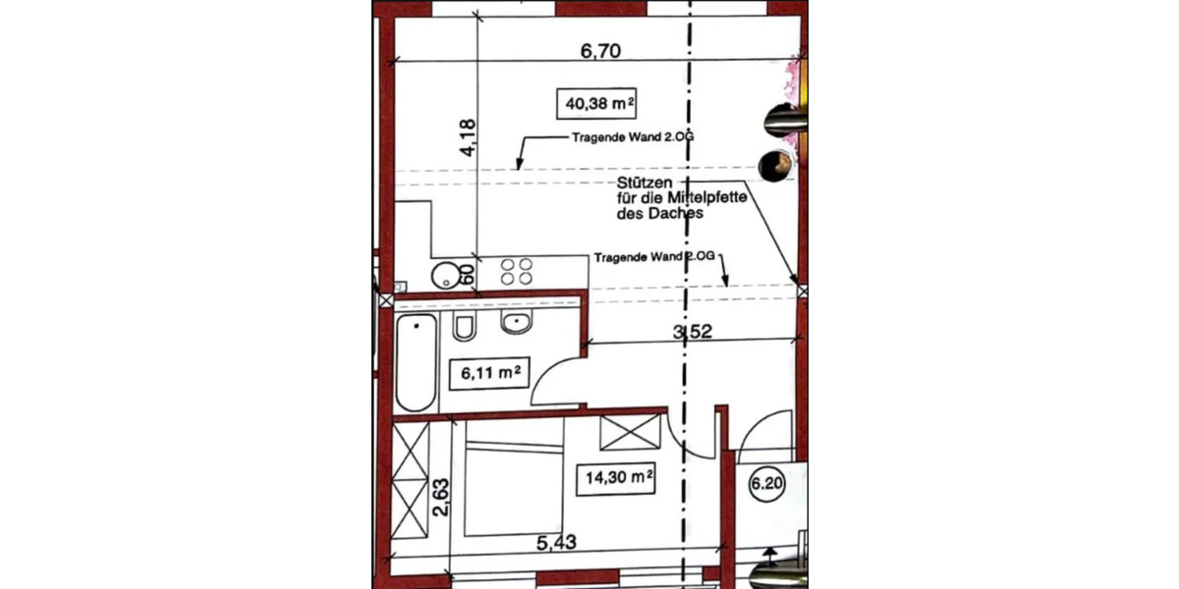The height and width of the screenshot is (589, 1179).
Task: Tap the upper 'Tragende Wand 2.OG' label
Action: coord(633,138)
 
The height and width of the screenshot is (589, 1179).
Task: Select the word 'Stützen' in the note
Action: coord(644,184)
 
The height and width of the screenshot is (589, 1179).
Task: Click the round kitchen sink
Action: coord(448,274)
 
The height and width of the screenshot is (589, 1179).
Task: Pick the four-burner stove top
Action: coord(518,272)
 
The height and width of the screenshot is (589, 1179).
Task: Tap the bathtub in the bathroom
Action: coord(415,362)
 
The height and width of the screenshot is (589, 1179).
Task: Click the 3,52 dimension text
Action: coord(691,332)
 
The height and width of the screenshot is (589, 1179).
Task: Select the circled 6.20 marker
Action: coord(765,483)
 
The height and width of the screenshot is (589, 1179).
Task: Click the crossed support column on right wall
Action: coord(803,292)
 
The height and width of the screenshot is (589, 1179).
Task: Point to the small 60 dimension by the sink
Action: coord(468,274)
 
